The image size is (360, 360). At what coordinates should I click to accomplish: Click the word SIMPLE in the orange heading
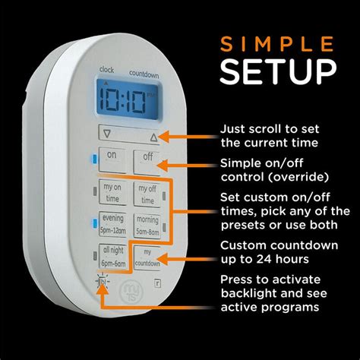[278, 43]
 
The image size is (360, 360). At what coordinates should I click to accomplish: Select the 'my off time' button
[148, 194]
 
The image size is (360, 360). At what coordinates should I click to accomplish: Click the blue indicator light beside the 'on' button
[93, 158]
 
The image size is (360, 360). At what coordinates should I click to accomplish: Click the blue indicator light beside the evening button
[93, 223]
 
